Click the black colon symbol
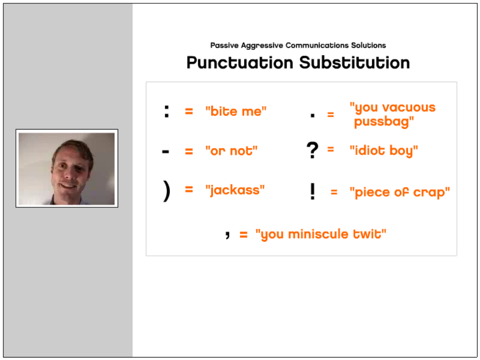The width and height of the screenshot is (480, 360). pos(167,111)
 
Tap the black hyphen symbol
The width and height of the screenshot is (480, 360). pos(166,151)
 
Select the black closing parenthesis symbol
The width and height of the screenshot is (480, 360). pos(167,191)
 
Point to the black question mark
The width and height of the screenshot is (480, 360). pos(312,151)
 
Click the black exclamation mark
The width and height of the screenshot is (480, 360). pos(312,192)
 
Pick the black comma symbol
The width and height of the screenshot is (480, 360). pos(228,234)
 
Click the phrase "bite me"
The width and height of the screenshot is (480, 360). pos(236,111)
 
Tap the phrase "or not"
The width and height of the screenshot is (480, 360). pos(231,151)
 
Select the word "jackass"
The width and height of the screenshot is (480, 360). pos(235,190)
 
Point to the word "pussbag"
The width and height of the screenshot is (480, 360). pos(384,122)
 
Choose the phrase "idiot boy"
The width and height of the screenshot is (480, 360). pos(384,151)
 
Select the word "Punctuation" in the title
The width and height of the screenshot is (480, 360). pos(240,63)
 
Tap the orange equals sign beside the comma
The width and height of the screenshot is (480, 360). pos(244,235)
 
